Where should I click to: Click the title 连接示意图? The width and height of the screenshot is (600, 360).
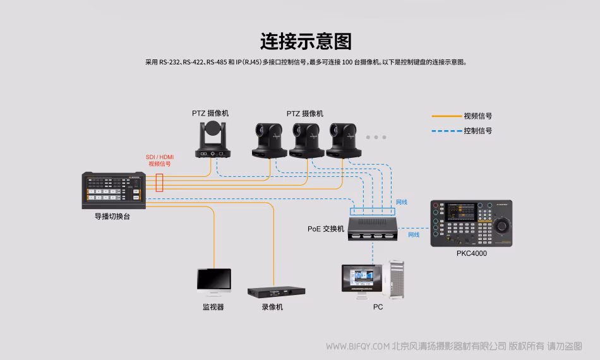point(306,41)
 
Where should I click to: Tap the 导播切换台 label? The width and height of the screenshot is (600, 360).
point(112,216)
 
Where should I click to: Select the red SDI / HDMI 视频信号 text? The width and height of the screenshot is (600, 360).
point(160,160)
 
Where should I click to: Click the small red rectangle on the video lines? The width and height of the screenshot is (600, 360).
point(160,183)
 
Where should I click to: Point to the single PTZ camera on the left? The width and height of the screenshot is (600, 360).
point(213,140)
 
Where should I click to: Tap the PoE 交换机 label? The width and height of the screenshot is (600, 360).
point(326,229)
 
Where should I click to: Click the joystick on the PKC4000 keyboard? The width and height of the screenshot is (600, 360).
point(503,225)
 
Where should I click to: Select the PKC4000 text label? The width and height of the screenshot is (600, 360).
point(472,253)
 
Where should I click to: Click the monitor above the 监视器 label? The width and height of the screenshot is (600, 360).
point(213,282)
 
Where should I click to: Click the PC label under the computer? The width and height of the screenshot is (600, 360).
point(378,307)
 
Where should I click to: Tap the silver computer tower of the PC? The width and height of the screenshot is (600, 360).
point(396,279)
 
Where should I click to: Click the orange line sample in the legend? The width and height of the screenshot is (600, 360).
point(447,116)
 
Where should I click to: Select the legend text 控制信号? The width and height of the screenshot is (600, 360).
point(478,131)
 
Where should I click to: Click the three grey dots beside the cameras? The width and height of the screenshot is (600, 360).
point(376,137)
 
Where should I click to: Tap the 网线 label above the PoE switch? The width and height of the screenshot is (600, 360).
point(402,202)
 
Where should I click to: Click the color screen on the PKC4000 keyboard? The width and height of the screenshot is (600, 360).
point(462,210)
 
